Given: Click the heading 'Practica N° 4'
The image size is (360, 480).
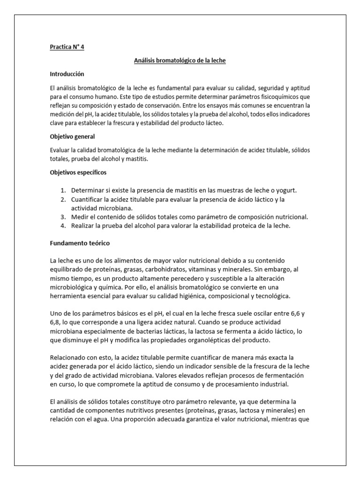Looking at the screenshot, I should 67,47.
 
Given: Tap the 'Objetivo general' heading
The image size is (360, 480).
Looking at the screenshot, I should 72,136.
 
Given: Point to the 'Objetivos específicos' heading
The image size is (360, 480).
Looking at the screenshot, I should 78,172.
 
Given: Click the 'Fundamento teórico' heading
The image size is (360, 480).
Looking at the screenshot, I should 80,243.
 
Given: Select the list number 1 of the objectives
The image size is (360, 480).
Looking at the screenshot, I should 63,191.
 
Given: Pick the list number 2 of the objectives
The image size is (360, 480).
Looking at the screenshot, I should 63,200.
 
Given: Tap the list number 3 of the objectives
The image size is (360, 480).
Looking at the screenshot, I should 63,217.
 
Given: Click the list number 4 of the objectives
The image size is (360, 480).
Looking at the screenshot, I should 63,226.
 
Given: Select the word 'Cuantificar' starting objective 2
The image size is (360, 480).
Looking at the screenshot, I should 87,200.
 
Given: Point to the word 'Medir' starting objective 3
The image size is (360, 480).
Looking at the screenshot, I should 79,217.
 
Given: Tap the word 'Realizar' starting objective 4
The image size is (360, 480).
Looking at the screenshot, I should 83,226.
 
